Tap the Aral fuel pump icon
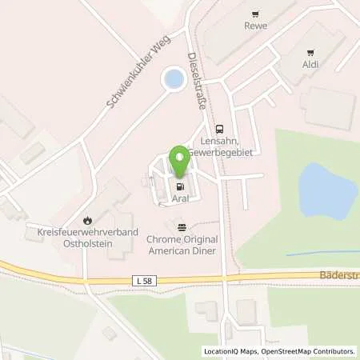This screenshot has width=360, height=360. point(180,188)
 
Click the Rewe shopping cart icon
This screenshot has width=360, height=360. point(255,14)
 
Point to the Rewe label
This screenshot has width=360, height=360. point(255,25)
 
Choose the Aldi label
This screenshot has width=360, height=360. point(310,62)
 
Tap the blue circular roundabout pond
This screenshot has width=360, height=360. point(171,78)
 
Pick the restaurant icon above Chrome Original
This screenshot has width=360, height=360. point(182,226)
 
